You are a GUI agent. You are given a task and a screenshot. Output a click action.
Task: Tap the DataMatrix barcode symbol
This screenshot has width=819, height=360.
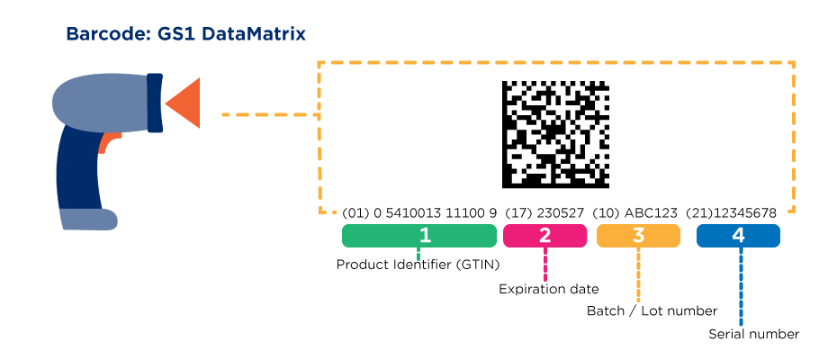click(x=558, y=133)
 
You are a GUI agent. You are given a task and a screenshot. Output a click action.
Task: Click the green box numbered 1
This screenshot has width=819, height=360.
click(x=419, y=236)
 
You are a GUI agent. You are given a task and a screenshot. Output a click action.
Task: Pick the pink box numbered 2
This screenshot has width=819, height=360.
click(x=544, y=236)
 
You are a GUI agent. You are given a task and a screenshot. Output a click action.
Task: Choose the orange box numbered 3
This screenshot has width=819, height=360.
click(x=638, y=236)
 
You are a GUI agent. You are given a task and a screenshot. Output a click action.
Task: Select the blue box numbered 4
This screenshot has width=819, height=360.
click(x=738, y=236)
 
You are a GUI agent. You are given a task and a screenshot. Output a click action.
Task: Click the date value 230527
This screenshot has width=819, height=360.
click(x=562, y=213)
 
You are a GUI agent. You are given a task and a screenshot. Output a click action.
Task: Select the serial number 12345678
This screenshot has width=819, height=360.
click(x=747, y=213)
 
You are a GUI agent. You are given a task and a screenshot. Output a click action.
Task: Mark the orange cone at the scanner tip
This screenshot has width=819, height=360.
click(x=183, y=99)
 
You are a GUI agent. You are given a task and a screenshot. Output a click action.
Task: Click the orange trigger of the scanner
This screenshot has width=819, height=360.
click(x=109, y=141)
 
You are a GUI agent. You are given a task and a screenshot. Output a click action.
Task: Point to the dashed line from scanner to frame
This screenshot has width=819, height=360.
click(x=270, y=115)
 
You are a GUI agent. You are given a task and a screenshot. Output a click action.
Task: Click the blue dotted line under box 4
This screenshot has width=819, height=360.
click(x=741, y=288)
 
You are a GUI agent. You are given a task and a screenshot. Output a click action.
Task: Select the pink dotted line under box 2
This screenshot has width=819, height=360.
click(x=544, y=265)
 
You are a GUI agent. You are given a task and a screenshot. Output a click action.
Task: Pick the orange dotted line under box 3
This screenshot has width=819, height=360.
click(x=638, y=275)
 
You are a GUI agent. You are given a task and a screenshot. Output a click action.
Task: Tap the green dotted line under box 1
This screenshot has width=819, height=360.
click(x=418, y=255)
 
